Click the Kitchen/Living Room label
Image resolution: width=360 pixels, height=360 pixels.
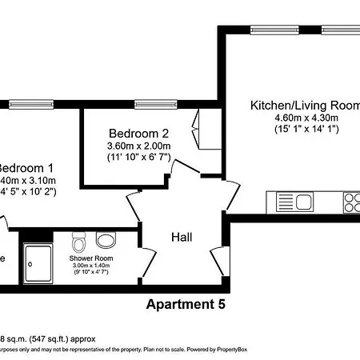305,106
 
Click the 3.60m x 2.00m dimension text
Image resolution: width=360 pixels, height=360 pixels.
138,146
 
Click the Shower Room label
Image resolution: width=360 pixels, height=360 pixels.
90,258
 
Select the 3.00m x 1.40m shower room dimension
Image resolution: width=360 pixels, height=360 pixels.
90,266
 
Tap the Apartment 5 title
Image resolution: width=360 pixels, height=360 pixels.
186,304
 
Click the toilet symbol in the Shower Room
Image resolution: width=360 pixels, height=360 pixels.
78,241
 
